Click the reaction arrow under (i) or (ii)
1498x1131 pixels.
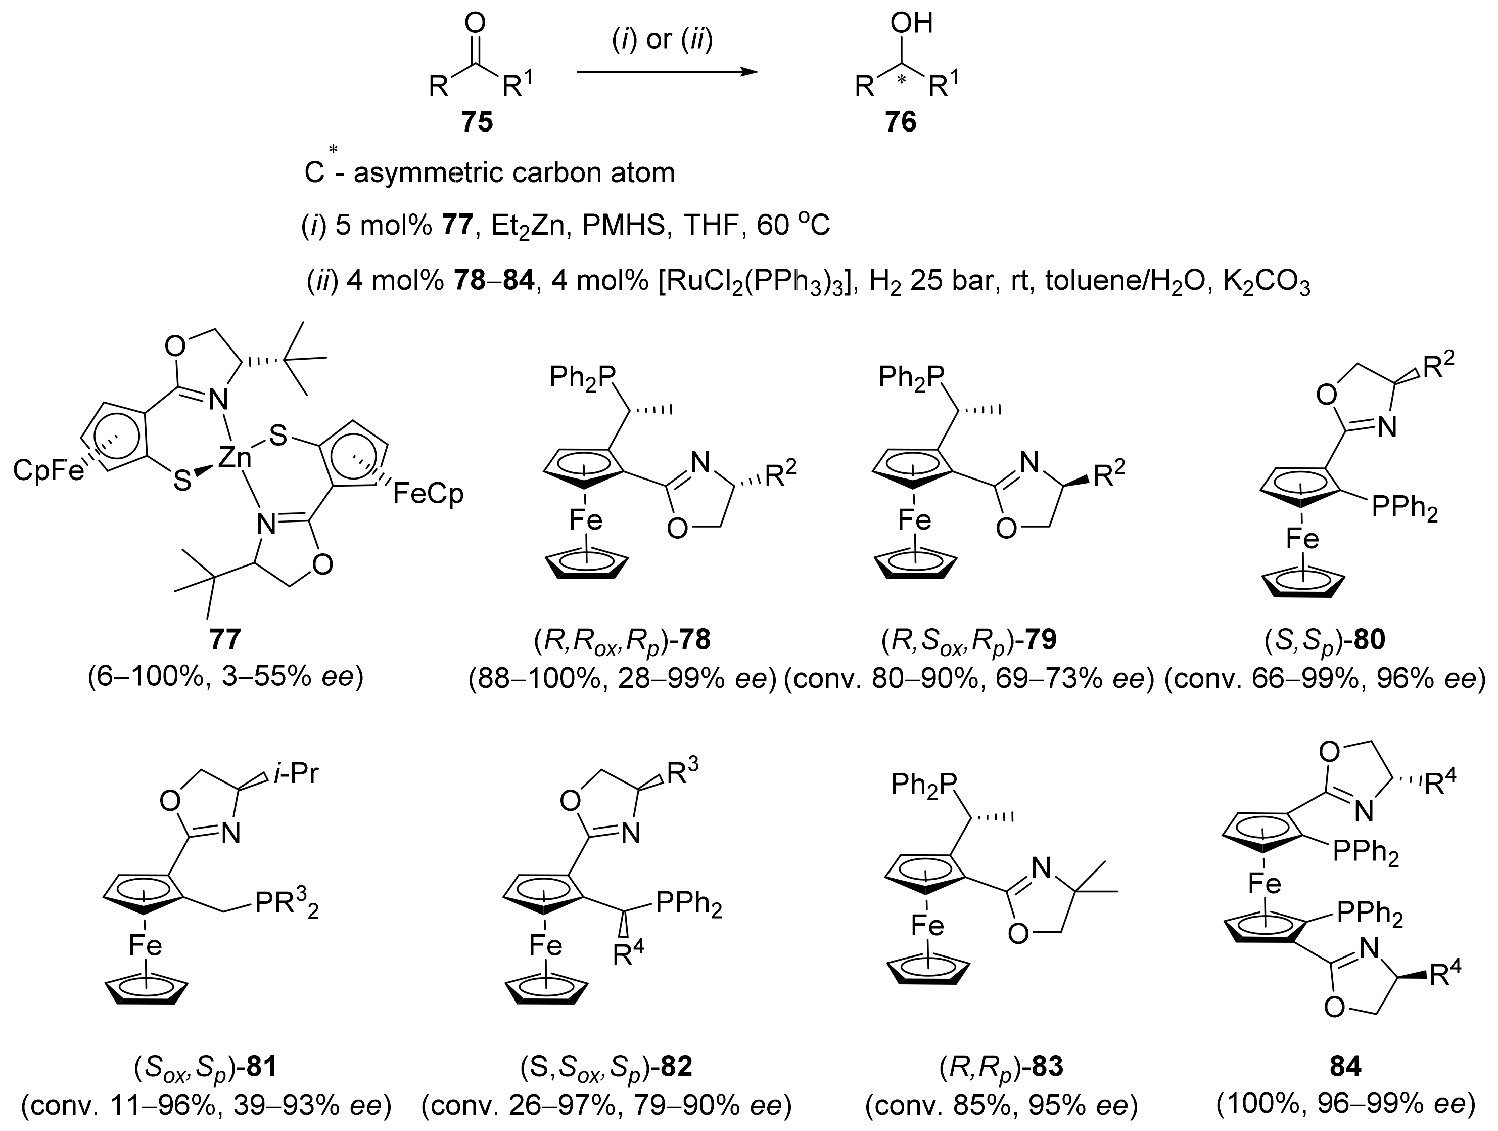click(x=667, y=71)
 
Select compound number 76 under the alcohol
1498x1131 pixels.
click(x=900, y=122)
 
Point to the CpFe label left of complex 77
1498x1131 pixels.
click(x=49, y=470)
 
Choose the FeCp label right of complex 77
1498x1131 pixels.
click(x=429, y=493)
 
